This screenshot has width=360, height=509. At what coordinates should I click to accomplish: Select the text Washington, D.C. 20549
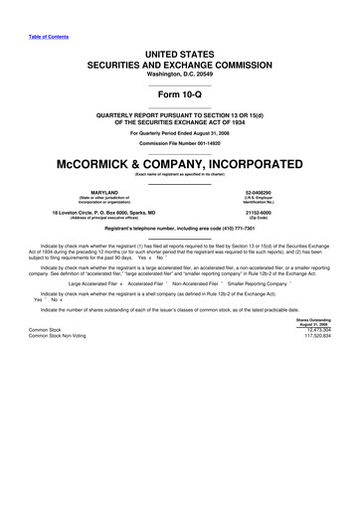[180, 75]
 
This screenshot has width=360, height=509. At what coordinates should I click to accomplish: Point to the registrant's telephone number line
[180, 230]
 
